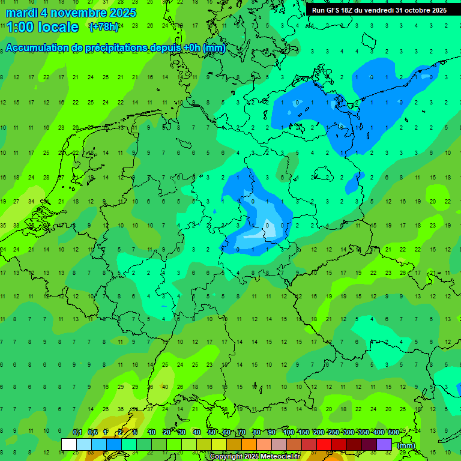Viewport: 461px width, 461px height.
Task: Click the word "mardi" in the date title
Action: tap(22, 13)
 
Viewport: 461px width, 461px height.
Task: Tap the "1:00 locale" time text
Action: tap(43, 27)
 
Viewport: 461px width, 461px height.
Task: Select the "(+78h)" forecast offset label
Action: tap(104, 26)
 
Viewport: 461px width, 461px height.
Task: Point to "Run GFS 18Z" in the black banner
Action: tap(332, 10)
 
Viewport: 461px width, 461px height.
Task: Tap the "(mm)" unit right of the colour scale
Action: tap(406, 445)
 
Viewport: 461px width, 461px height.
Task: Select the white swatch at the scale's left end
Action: tap(69, 445)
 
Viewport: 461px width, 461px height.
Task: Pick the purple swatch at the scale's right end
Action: tap(384, 445)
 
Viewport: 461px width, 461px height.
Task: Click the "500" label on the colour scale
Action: tap(393, 433)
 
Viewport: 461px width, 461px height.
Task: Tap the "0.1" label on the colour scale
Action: tap(77, 433)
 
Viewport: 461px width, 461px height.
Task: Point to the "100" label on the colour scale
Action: tap(288, 433)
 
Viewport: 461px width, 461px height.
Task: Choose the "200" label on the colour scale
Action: tap(318, 433)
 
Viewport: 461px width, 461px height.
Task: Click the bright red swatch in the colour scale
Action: tap(324, 445)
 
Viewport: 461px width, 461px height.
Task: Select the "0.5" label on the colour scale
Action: tap(92, 433)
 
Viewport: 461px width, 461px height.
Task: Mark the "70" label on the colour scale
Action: tap(242, 433)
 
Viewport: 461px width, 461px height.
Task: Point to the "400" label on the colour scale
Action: tap(378, 433)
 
